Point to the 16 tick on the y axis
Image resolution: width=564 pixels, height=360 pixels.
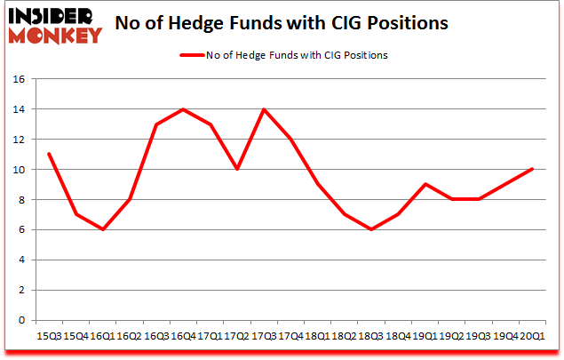[19, 79]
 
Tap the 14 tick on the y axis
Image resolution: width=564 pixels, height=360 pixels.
[19, 109]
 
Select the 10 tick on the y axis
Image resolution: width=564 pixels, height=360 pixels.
[19, 170]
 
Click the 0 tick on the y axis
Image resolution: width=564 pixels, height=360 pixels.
[21, 320]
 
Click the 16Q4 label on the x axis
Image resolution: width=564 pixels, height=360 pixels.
[184, 337]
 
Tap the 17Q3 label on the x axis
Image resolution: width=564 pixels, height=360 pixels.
[265, 337]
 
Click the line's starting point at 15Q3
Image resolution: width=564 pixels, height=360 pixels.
[48, 154]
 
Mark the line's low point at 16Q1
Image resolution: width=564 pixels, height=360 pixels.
[102, 229]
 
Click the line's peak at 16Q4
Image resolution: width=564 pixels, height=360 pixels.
[184, 109]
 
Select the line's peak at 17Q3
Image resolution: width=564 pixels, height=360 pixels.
[265, 109]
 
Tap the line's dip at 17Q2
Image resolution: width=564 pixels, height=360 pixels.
[238, 169]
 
